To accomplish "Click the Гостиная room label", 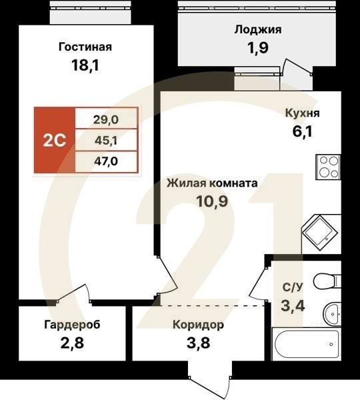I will coord(85,47).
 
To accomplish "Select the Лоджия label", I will coord(258,29).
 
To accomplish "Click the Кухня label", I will coord(302,113).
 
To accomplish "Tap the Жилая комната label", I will coord(213,182).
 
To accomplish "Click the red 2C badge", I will coord(55,141).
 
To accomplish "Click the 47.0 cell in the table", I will coord(107,161).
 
